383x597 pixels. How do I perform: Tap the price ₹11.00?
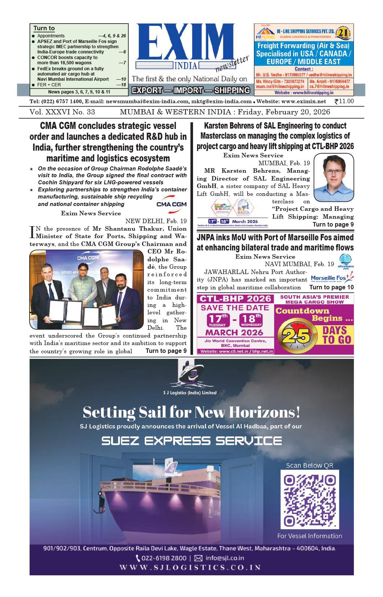pyautogui.click(x=344, y=101)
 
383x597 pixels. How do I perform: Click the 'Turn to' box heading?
pyautogui.click(x=44, y=28)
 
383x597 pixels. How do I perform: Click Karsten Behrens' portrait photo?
pyautogui.click(x=334, y=178)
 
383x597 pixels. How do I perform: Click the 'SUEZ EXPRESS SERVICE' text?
pyautogui.click(x=191, y=441)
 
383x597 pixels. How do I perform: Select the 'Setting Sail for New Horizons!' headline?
pyautogui.click(x=191, y=412)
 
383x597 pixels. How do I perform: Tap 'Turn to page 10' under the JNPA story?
pyautogui.click(x=331, y=287)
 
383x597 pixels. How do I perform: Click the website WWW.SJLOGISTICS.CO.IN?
pyautogui.click(x=190, y=567)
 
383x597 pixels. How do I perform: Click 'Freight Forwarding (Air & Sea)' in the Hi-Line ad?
pyautogui.click(x=304, y=46)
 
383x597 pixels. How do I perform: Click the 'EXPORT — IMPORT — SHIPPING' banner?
pyautogui.click(x=191, y=90)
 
